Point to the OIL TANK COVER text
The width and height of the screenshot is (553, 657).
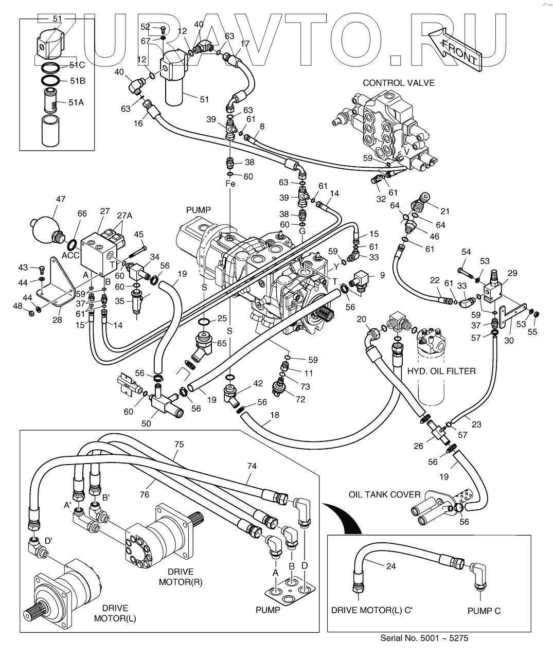384,494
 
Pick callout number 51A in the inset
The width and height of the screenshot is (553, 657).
77,102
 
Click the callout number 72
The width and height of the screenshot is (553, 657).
300,399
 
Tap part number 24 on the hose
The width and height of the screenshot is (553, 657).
391,567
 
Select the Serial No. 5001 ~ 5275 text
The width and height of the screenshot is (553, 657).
424,638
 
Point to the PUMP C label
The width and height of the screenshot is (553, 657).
484,611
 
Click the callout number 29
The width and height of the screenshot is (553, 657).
512,273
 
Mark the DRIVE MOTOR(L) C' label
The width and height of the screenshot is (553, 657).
372,611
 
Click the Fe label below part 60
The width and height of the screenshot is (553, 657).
230,184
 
